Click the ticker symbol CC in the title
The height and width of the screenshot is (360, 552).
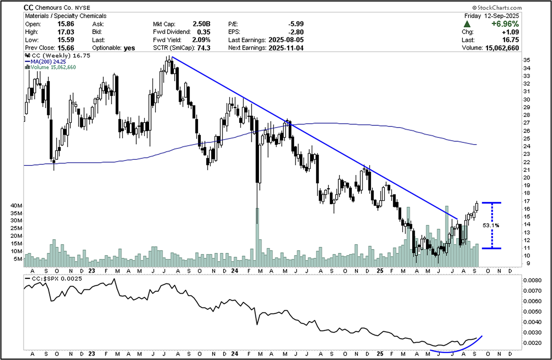[x=28, y=8]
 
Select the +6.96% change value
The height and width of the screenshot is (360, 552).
[x=507, y=24]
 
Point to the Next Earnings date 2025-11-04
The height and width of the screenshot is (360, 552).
[x=287, y=48]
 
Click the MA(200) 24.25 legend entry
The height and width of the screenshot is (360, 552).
[x=43, y=62]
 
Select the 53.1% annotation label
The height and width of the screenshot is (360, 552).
[x=491, y=225]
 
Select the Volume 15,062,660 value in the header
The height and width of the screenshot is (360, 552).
[x=502, y=48]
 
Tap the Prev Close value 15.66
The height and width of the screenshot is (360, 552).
[x=66, y=48]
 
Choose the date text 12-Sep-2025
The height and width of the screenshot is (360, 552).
[x=502, y=16]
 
